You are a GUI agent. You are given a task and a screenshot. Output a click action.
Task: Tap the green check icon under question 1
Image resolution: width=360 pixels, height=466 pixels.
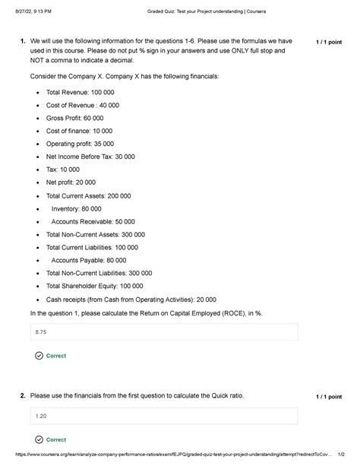[x=39, y=356]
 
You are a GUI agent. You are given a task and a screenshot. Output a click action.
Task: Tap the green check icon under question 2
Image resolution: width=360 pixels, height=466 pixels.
[x=39, y=439]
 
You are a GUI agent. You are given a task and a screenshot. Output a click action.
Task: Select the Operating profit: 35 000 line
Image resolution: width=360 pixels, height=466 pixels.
[x=81, y=143]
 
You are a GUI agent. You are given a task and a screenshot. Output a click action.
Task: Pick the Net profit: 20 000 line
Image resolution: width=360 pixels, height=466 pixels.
[x=71, y=182]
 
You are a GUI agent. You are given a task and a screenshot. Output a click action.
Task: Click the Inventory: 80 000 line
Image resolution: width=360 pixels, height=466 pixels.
[x=76, y=208]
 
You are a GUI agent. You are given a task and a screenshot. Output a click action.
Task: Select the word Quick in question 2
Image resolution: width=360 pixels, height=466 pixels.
[x=204, y=396]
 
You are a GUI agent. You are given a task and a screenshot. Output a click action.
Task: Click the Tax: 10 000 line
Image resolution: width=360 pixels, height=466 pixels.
[x=62, y=170]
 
